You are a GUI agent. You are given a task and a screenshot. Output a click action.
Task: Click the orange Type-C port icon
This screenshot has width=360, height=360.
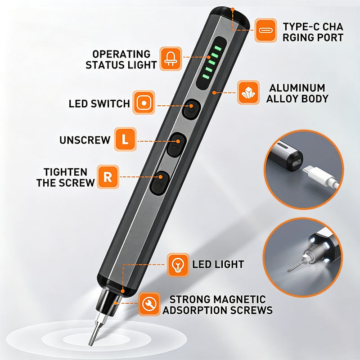click(266, 30)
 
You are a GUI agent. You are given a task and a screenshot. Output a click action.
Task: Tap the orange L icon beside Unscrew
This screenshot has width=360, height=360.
click(125, 139)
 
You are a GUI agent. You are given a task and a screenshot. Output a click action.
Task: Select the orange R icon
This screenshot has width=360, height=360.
click(108, 177)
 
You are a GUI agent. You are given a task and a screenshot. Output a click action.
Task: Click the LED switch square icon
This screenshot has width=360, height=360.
click(144, 103)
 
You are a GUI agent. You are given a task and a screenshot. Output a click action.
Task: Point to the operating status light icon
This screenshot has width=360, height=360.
click(171, 58)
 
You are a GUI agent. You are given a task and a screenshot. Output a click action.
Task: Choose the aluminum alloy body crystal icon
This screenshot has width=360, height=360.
click(248, 92)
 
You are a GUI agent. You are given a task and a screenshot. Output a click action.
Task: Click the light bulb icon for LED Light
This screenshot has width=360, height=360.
click(178, 265)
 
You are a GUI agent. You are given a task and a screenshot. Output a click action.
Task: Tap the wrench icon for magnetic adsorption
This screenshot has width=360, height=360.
click(149, 304)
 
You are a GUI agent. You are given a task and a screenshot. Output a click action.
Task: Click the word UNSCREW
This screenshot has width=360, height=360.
click(85, 140)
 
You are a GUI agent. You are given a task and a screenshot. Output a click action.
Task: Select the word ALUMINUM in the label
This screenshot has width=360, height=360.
click(297, 88)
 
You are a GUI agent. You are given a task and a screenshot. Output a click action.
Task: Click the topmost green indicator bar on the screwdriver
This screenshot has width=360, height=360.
click(218, 48)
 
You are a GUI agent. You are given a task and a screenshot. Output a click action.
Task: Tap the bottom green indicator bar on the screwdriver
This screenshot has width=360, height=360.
click(206, 76)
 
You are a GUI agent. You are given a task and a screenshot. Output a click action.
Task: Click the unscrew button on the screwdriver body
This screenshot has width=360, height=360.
click(176, 144)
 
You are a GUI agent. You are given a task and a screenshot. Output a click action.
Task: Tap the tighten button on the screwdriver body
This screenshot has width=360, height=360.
click(160, 183)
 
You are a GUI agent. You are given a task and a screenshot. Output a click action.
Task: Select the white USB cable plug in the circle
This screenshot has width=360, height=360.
click(320, 175)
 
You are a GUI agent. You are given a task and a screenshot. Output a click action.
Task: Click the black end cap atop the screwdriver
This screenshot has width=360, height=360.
click(230, 16)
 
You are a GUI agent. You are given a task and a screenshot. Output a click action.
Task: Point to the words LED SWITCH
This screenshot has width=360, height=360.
click(99, 104)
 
